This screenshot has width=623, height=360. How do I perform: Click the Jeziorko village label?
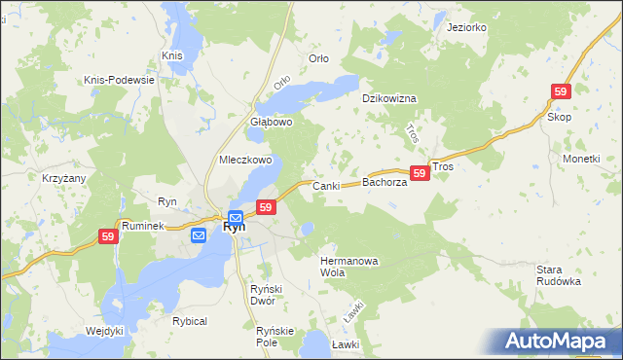click(466, 27)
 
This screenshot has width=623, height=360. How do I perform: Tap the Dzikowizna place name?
click(389, 99)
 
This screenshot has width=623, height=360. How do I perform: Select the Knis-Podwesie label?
click(121, 79)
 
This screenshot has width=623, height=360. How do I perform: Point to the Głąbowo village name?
click(272, 123)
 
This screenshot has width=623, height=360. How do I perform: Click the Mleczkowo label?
click(245, 160)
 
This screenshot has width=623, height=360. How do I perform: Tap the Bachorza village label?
click(384, 182)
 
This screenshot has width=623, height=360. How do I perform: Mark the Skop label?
click(559, 117)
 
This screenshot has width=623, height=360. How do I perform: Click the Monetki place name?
click(581, 158)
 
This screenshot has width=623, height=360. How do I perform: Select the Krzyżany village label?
click(64, 179)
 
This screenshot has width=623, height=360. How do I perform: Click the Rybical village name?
click(190, 321)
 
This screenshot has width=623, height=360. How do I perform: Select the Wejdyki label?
click(105, 331)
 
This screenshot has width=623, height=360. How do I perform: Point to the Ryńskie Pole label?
click(275, 337)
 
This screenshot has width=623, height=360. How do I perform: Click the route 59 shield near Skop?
click(560, 90)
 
